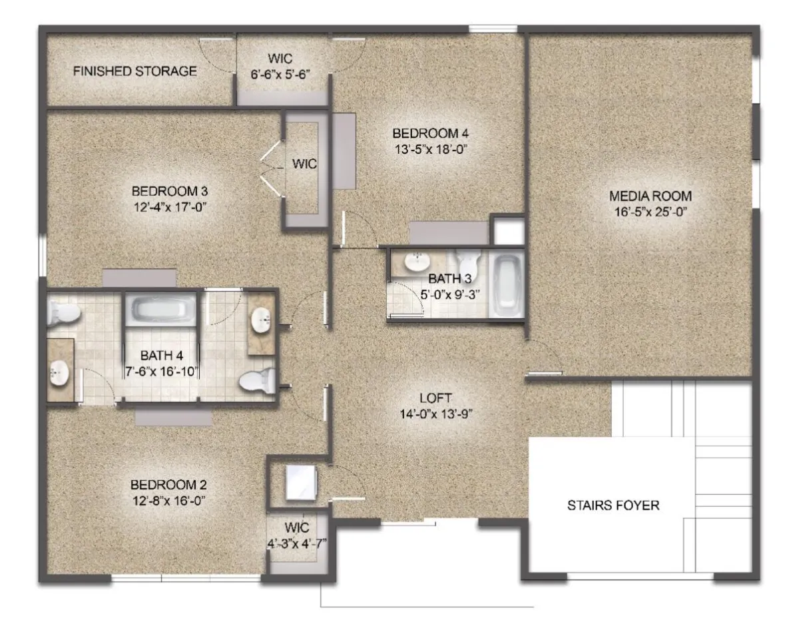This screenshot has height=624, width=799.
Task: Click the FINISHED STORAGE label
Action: tap(134, 71)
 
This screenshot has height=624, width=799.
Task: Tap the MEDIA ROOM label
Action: tap(651, 196)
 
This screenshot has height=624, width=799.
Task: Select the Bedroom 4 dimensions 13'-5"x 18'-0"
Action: tap(431, 149)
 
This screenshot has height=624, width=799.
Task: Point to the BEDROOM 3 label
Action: tap(170, 191)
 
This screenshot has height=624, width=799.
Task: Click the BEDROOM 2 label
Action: tap(168, 484)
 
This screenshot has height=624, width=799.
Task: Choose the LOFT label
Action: tap(435, 398)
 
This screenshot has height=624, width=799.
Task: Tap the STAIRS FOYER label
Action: tap(613, 505)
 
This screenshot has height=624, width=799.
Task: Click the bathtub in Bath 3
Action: tap(506, 285)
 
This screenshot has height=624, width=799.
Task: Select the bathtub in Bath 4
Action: tap(160, 309)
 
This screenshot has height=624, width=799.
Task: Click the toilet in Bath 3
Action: tap(467, 265)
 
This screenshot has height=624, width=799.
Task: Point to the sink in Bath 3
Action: tap(417, 262)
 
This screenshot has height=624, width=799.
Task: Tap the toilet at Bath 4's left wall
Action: tap(63, 313)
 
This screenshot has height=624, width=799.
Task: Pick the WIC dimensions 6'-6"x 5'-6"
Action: tap(280, 75)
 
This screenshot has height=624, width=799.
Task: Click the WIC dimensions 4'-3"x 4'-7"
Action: tap(297, 543)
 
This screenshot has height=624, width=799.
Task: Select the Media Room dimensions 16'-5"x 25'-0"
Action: tap(651, 212)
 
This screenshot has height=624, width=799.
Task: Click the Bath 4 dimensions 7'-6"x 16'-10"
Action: tap(161, 372)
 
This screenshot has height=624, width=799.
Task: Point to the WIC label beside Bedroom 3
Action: tap(304, 164)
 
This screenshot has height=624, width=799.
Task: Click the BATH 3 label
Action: tap(449, 279)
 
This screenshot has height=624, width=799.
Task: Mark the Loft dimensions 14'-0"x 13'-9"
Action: tap(435, 414)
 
